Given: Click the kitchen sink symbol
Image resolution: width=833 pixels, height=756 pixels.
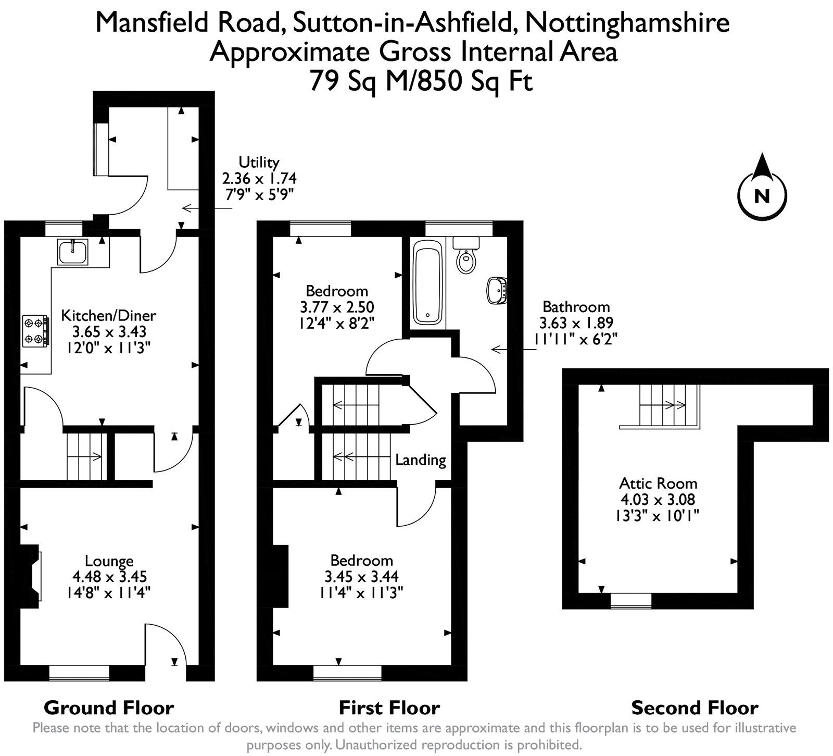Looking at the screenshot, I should (73, 252).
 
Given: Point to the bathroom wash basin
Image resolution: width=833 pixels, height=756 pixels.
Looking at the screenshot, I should (497, 290).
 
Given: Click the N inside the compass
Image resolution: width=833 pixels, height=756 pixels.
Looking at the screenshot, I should (762, 196).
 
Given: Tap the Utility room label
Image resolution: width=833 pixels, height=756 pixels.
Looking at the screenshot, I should (259, 162).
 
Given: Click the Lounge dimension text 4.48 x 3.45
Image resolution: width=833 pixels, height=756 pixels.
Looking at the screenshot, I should (109, 577).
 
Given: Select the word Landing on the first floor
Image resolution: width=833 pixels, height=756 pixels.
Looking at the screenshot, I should (420, 460).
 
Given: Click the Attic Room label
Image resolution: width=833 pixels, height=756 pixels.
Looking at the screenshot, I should (658, 483).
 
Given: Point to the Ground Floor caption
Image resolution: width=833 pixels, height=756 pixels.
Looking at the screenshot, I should (109, 708).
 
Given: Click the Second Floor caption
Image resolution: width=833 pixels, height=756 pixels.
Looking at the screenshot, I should (695, 708).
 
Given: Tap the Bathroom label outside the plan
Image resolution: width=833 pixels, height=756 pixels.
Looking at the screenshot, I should (576, 306).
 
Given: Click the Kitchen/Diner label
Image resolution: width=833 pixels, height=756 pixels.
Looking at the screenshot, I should (109, 315).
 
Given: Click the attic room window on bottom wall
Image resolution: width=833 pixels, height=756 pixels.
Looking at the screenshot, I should (630, 600).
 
